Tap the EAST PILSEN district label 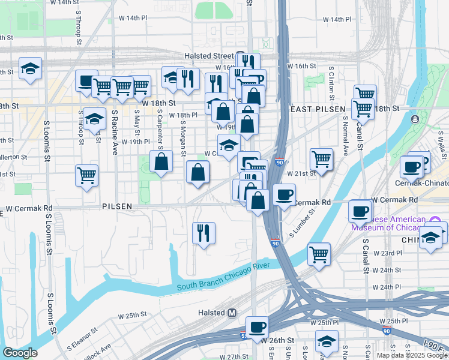(x=317, y=109)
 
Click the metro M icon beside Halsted (x=234, y=313)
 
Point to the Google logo (x=20, y=353)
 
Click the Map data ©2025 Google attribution (x=412, y=355)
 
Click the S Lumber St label (x=304, y=223)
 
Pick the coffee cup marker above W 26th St (x=258, y=328)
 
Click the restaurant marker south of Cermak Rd (x=203, y=232)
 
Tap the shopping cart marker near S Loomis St (x=87, y=176)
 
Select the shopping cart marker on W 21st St (x=321, y=160)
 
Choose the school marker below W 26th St (x=327, y=341)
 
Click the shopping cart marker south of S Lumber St (x=319, y=254)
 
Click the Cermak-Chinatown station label (x=425, y=182)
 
